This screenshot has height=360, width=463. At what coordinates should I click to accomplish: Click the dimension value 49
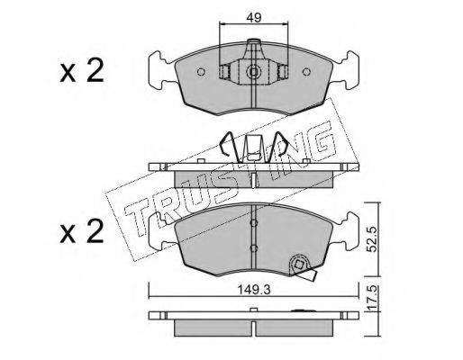pyautogui.click(x=254, y=18)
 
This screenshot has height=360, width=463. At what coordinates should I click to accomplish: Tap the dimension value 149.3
pyautogui.click(x=254, y=290)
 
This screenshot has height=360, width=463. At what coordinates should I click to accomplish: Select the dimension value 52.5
pyautogui.click(x=371, y=239)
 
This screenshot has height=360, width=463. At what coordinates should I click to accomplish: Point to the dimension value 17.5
pyautogui.click(x=371, y=298)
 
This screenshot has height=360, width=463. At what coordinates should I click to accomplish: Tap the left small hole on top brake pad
pyautogui.click(x=201, y=72)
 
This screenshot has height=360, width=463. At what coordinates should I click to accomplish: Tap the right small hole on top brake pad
pyautogui.click(x=306, y=72)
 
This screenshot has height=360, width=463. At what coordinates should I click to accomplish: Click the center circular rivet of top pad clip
pyautogui.click(x=254, y=72)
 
